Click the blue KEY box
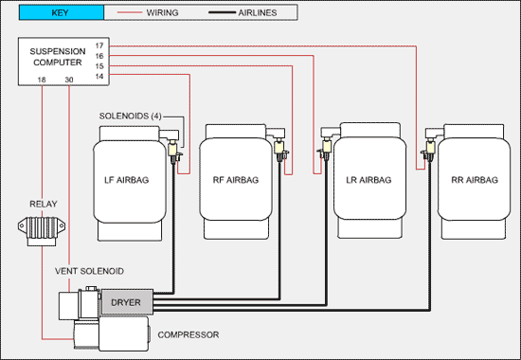click(62, 12)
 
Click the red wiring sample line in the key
click(129, 12)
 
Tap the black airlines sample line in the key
click(222, 12)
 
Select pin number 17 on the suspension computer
click(99, 45)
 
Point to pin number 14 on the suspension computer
click(99, 77)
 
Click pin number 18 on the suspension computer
click(42, 80)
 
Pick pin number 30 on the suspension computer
click(69, 80)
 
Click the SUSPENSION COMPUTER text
click(58, 57)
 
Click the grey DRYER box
click(127, 302)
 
